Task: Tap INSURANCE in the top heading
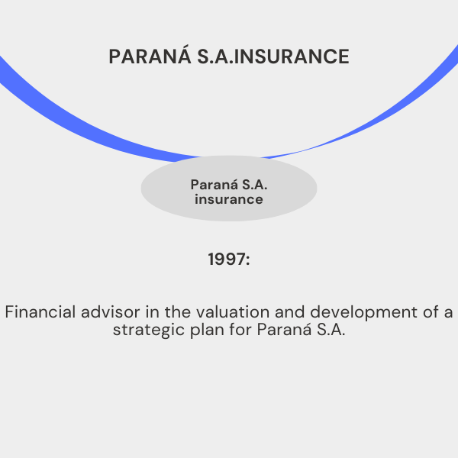[x=292, y=56]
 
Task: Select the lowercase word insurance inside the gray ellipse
[x=229, y=199]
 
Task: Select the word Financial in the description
[x=40, y=311]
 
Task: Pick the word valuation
[x=233, y=311]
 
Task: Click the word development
[x=363, y=312]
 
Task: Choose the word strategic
[x=149, y=331]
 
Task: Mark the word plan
[x=207, y=331]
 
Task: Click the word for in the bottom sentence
[x=240, y=329]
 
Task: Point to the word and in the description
[x=290, y=311]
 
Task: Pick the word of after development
[x=431, y=311]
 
